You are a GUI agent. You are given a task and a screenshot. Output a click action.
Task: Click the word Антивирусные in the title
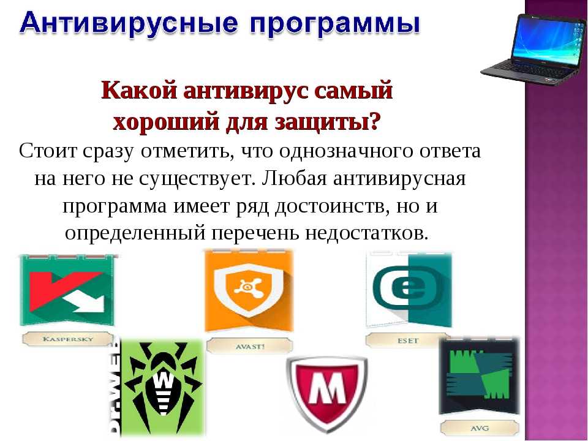[x=128, y=23]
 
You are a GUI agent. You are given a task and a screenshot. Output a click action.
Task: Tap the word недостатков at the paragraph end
[x=366, y=233]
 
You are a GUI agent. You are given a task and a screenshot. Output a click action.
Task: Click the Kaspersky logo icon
[x=67, y=289]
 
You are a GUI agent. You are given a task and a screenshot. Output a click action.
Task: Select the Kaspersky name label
[x=67, y=339]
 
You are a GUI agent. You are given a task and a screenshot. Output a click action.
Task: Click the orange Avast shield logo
[x=249, y=290]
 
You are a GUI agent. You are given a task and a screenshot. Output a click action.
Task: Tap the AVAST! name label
[x=250, y=346]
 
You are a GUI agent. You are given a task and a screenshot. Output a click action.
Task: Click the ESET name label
[x=408, y=341]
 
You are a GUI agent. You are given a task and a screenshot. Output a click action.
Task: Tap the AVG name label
[x=480, y=428]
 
